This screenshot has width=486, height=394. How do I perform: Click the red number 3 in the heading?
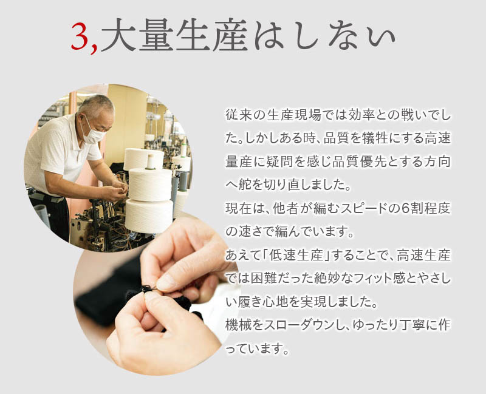tap(80, 38)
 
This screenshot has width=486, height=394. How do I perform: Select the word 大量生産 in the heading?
tap(174, 38)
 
